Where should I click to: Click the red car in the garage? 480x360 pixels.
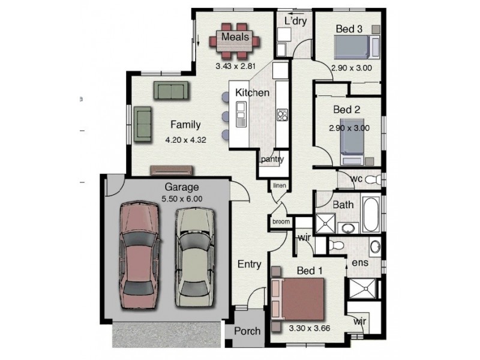tap(139, 256)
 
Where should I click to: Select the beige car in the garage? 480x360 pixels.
tap(195, 257)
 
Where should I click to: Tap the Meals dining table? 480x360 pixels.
tap(235, 41)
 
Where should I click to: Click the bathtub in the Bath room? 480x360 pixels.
tap(371, 214)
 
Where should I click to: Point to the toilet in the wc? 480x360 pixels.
tap(373, 179)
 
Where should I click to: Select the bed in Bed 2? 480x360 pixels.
tap(352, 142)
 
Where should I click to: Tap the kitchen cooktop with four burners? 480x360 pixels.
tap(282, 115)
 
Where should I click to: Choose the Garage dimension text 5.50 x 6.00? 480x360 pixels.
tap(182, 199)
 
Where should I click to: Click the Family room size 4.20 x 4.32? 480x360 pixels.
tap(185, 140)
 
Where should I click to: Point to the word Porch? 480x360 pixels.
tap(247, 331)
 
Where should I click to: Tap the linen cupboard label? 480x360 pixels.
tap(280, 185)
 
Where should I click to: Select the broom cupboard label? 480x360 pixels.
tap(281, 221)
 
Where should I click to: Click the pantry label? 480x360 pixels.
tap(272, 159)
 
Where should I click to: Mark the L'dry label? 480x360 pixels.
tap(296, 21)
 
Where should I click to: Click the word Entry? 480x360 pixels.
tap(249, 265)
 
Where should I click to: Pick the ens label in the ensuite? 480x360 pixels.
tap(360, 263)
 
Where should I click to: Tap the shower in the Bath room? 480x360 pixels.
tap(325, 223)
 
